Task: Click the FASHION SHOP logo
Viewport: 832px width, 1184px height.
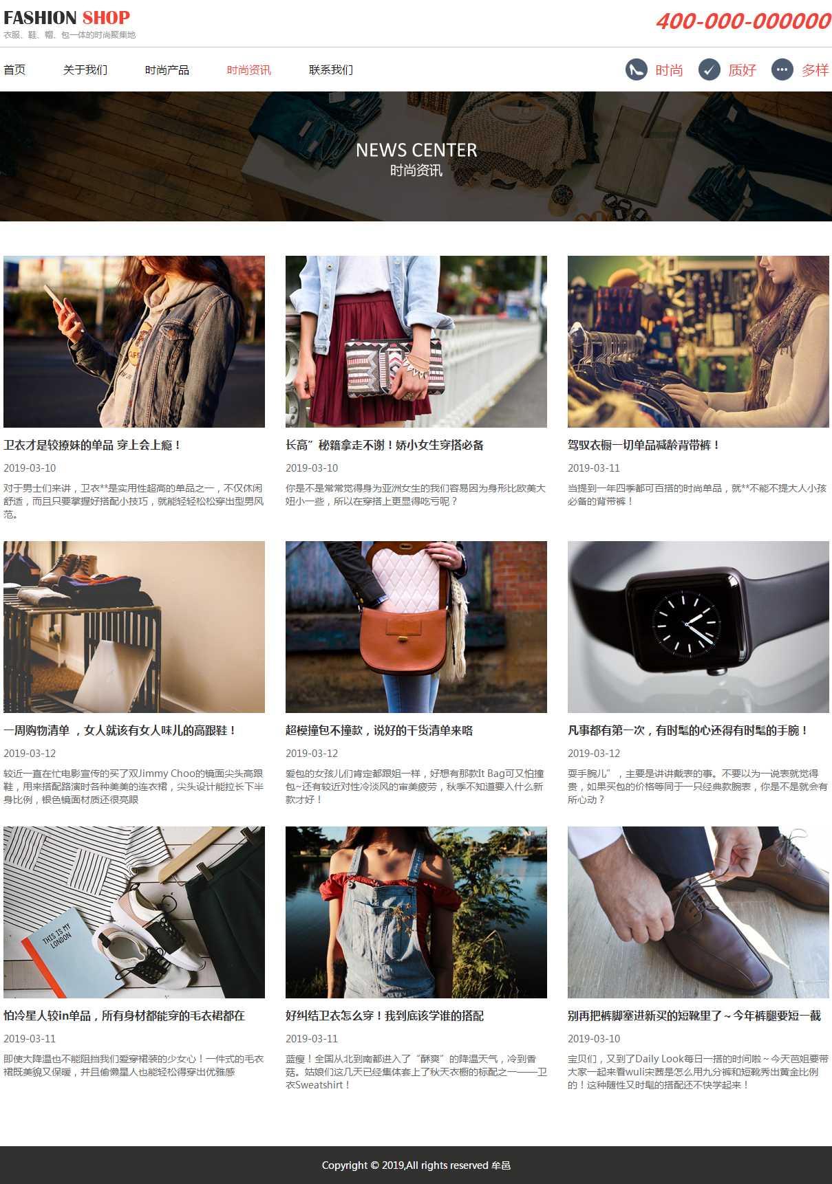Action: click(x=67, y=17)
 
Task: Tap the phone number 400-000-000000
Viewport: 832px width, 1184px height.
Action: click(x=743, y=21)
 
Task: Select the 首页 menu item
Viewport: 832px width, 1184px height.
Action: click(x=14, y=70)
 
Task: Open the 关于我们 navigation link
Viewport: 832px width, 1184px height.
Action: click(x=85, y=70)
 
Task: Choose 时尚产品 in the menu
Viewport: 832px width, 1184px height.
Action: click(x=167, y=70)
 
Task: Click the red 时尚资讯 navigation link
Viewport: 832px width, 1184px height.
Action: click(x=249, y=70)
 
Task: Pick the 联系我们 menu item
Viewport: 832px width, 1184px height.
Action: click(x=331, y=70)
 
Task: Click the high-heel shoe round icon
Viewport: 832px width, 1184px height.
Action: click(x=637, y=69)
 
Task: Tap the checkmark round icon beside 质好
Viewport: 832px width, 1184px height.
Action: click(x=710, y=69)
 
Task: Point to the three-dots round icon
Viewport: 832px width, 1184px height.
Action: click(x=782, y=69)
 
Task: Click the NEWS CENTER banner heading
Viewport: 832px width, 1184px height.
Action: click(x=416, y=150)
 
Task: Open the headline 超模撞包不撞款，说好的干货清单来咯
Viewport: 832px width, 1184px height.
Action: click(x=379, y=730)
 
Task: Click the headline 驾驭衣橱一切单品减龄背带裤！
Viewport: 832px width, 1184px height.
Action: click(x=643, y=445)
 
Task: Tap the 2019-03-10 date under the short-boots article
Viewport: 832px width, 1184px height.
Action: click(x=594, y=1038)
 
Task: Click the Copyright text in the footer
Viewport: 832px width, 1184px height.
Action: click(x=416, y=1165)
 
